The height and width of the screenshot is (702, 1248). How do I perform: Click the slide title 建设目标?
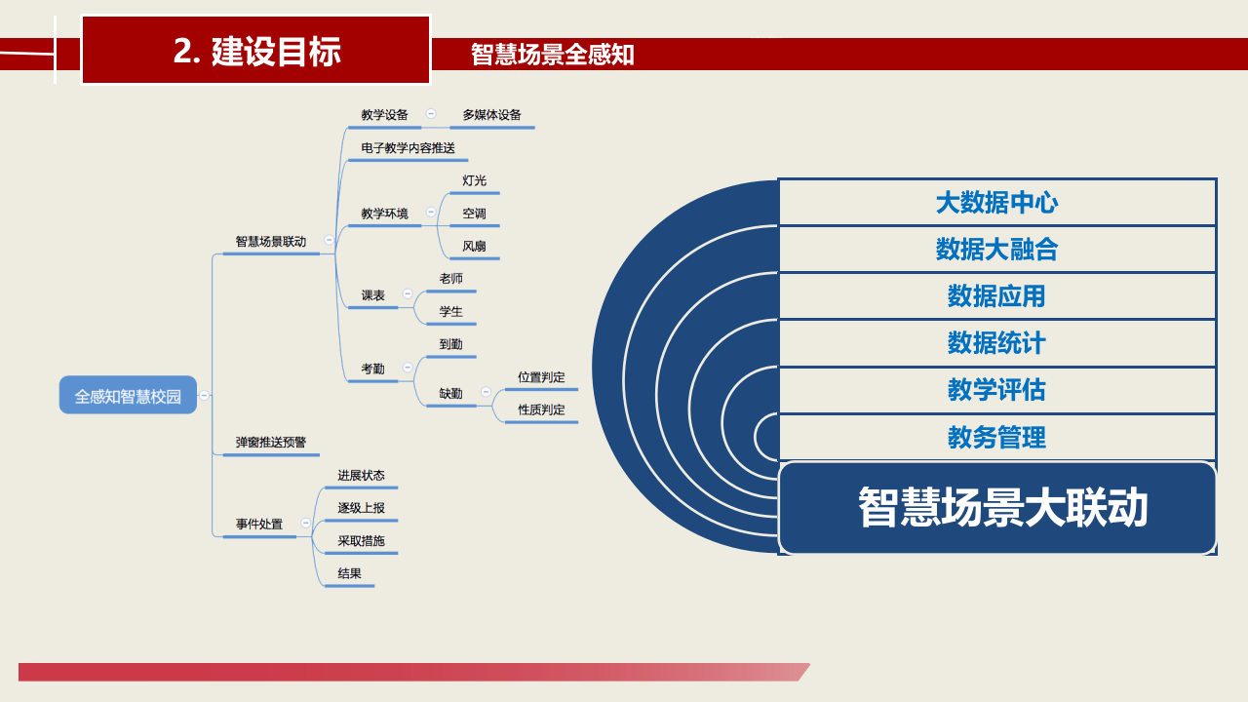256,51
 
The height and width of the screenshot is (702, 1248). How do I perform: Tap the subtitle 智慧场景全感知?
552,55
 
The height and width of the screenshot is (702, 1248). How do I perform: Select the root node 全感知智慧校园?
128,396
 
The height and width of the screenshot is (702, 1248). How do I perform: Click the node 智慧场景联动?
270,242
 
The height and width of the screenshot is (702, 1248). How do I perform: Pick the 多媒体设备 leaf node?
491,115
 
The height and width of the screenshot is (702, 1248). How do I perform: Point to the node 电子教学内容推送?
408,148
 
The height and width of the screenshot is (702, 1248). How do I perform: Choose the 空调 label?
474,214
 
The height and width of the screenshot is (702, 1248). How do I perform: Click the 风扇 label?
474,247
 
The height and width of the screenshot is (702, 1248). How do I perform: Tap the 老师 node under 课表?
450,279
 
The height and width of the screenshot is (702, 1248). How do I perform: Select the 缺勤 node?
450,394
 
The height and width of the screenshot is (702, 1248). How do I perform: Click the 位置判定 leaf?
541,377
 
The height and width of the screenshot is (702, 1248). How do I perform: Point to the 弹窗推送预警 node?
270,443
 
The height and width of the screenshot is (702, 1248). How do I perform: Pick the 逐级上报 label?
361,508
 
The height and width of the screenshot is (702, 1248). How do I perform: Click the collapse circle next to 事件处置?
306,524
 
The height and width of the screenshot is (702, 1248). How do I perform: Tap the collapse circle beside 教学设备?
431,114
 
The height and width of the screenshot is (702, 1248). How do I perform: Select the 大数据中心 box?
996,203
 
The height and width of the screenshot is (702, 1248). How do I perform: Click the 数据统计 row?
996,343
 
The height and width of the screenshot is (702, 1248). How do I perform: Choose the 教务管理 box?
996,437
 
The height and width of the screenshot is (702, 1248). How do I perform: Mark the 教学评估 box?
996,390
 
